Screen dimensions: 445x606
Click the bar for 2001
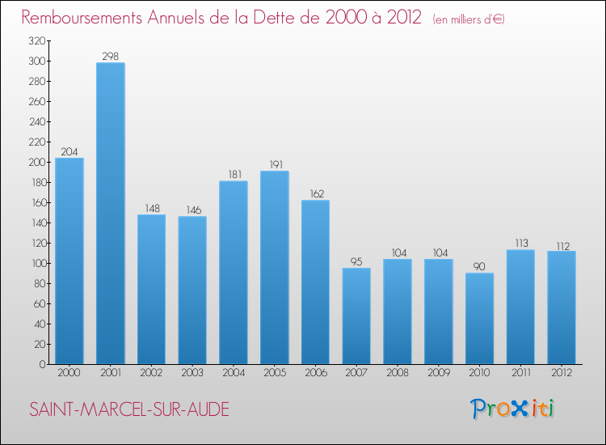tap(110, 214)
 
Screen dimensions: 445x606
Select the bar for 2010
tap(479, 319)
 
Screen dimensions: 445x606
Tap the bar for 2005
tap(274, 268)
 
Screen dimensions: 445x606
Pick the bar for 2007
tap(356, 316)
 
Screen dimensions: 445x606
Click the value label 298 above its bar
tap(110, 56)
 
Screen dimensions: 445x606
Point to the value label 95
tap(356, 261)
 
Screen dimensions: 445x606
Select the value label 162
tap(315, 193)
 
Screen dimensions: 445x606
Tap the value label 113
tap(520, 243)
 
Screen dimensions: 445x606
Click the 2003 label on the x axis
tap(192, 373)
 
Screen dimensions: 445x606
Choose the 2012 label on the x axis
tap(562, 373)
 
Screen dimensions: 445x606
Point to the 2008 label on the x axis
tap(398, 373)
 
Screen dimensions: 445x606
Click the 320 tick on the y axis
tap(35, 40)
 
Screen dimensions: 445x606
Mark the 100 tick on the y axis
tap(35, 263)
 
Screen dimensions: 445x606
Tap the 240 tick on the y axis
tap(35, 121)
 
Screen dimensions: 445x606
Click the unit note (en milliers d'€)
tap(468, 19)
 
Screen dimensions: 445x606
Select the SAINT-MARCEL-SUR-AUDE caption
tap(129, 409)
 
